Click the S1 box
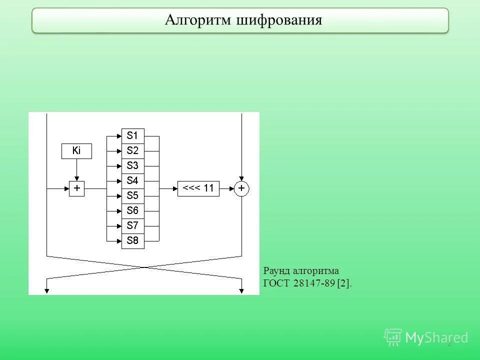133,135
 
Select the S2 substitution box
133,150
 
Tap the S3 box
133,165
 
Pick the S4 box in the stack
133,180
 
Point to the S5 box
133,195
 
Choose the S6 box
133,210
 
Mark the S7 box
133,225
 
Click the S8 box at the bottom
133,240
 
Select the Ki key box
76,151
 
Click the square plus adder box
77,188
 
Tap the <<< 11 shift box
198,188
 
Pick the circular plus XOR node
241,188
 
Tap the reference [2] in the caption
344,283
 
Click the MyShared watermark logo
425,338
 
